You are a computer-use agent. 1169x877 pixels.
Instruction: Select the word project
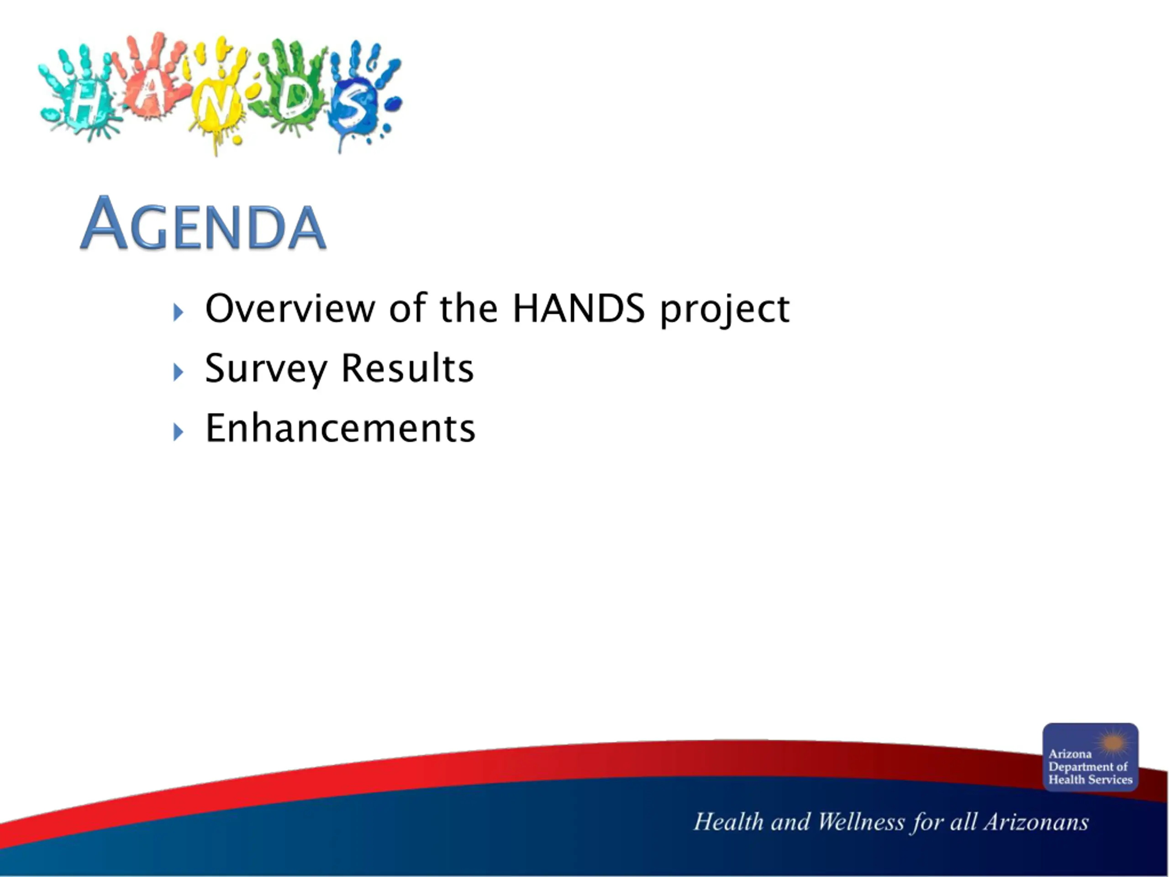(x=725, y=310)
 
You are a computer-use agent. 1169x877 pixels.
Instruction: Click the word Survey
(x=266, y=370)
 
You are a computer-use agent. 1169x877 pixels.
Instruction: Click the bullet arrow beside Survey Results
(x=178, y=372)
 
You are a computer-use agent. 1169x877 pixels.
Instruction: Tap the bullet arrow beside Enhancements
(x=178, y=432)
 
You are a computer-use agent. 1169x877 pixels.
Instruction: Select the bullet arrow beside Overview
(x=178, y=312)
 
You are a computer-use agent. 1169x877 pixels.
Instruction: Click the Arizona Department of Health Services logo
(x=1090, y=757)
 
